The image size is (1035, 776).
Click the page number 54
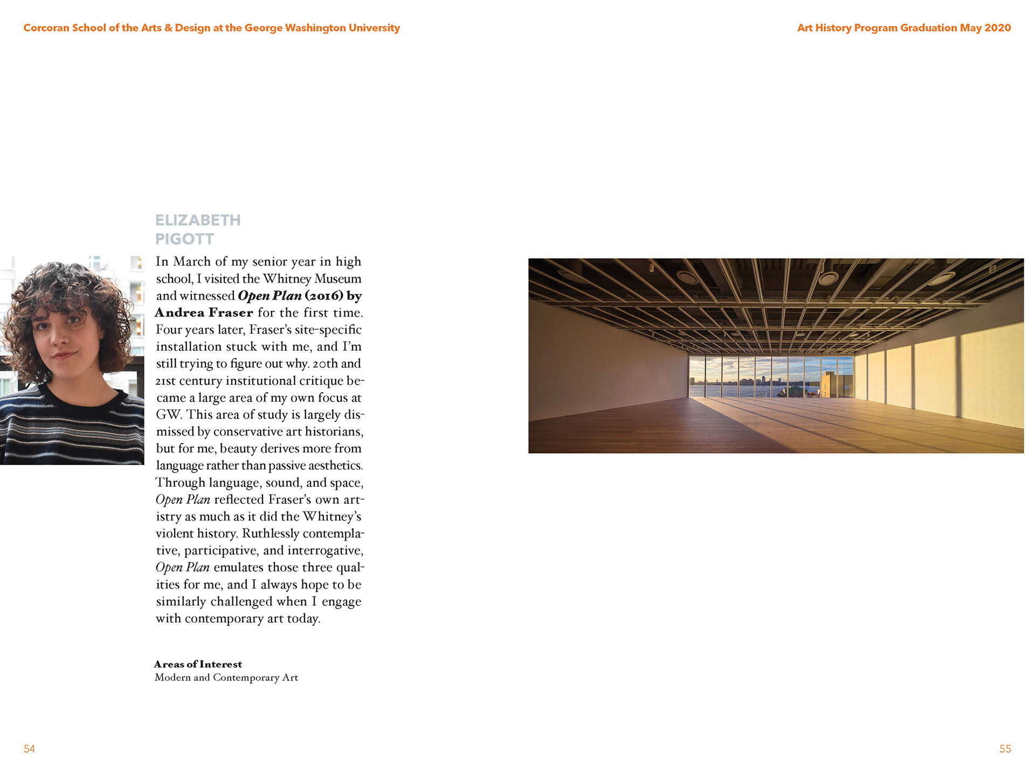[29, 749]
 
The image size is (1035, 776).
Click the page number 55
[1005, 749]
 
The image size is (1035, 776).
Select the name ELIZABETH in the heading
[198, 220]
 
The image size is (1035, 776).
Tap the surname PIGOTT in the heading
[184, 239]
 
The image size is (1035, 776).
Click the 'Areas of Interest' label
[198, 664]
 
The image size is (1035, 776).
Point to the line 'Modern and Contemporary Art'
[226, 677]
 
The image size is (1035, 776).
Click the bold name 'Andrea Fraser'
[204, 313]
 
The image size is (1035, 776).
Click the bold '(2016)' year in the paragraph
[323, 296]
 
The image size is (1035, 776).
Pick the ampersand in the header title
[168, 27]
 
